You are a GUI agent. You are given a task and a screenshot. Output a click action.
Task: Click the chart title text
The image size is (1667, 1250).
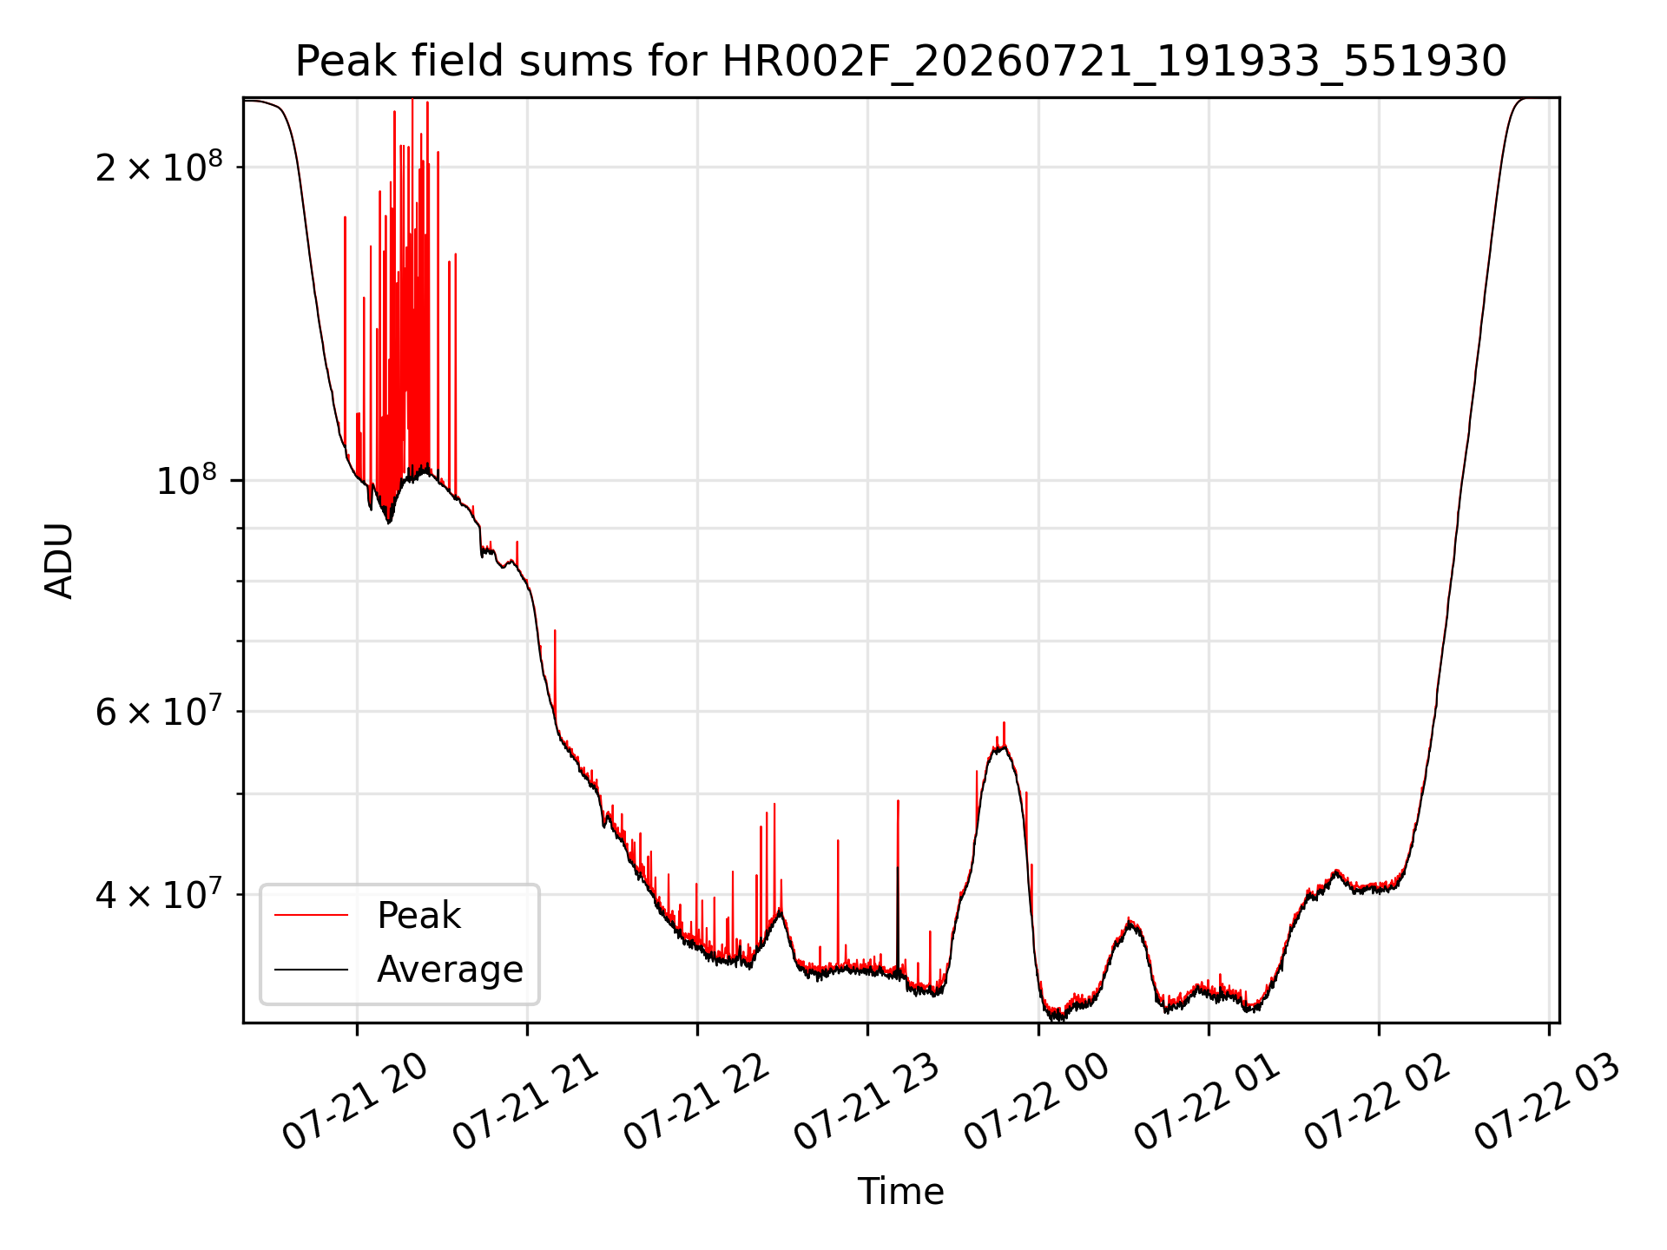[900, 62]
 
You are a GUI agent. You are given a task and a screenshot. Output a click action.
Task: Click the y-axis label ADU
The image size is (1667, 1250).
[59, 560]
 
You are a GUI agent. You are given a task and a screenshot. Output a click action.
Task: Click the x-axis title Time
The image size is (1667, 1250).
[900, 1191]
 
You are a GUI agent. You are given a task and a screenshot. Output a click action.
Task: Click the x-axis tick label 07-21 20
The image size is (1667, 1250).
[355, 1102]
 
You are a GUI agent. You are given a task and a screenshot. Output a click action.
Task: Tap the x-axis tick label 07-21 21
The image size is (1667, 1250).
[525, 1102]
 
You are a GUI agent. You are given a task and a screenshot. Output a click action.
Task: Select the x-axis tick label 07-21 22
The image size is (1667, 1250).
[696, 1102]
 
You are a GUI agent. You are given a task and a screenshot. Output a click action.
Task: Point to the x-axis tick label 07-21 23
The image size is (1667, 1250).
[866, 1102]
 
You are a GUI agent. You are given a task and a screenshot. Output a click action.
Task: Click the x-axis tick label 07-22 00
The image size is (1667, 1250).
[1037, 1102]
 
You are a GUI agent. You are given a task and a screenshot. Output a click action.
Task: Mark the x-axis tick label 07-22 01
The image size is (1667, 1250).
[1208, 1102]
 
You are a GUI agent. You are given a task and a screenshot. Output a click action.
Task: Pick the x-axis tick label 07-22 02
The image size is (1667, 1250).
[1378, 1102]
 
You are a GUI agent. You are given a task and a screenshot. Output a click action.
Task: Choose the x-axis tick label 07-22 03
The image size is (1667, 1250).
[1548, 1102]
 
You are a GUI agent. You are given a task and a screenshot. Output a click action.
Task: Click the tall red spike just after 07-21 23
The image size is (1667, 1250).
[898, 885]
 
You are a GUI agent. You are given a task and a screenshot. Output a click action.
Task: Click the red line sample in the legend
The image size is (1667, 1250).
[311, 916]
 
